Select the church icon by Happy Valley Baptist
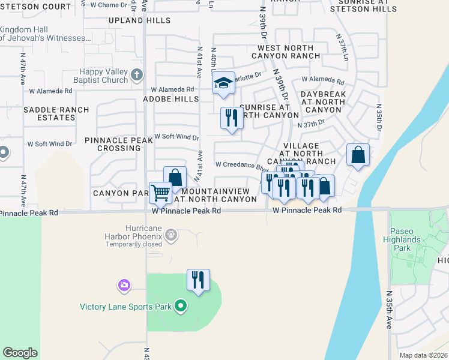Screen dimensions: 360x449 tap(136, 75)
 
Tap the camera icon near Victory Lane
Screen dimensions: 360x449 tap(124, 284)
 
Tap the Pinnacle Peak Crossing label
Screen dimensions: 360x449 tap(119, 144)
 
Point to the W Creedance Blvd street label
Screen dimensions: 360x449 tap(241, 165)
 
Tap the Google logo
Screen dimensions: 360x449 tap(20, 353)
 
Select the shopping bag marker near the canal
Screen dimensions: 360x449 tap(358, 155)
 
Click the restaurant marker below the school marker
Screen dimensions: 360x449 tap(231, 118)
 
